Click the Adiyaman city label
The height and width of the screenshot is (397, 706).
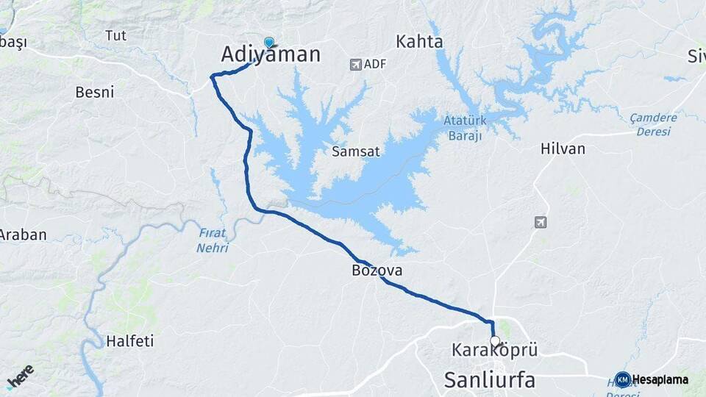point(271,54)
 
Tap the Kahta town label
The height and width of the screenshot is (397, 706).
point(420,41)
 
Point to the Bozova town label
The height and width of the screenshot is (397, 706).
point(377,271)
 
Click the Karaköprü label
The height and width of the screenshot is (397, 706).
point(494,350)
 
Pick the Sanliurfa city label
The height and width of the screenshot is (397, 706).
point(489,380)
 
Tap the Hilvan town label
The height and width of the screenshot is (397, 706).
point(563,149)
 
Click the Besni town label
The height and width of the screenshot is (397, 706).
point(95,92)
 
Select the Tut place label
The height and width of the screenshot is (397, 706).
point(115,35)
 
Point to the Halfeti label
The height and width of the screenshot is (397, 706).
point(129,341)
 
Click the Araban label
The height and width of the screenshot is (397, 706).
point(22,235)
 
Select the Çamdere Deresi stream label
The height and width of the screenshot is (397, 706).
point(654,124)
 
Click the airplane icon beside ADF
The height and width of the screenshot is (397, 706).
point(356,65)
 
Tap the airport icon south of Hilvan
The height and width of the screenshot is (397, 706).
point(541,222)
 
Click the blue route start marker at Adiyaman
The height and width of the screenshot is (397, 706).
point(269,43)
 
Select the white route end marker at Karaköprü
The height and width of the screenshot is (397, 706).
point(495,341)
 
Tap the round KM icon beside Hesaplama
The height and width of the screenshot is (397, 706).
point(623,379)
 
